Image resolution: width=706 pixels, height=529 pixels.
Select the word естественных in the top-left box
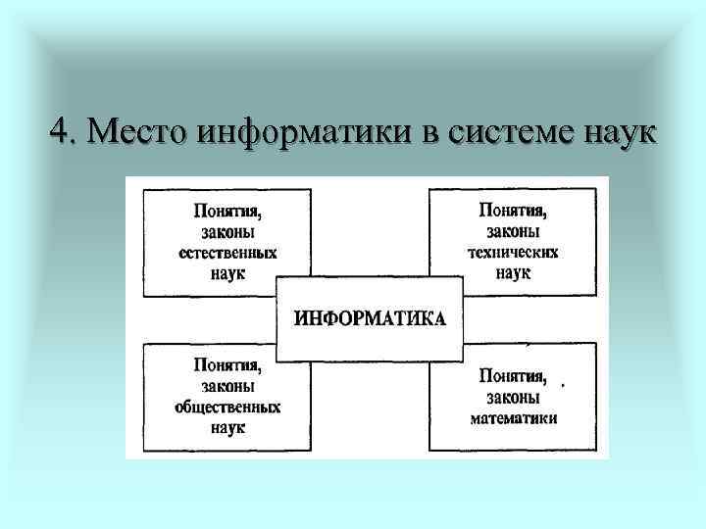point(228,253)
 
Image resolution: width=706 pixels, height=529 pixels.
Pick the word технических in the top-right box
point(513,252)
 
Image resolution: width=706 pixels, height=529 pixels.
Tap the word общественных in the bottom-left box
point(228,407)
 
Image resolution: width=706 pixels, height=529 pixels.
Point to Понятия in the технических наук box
point(513,210)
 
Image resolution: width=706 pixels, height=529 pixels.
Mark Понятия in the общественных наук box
point(228,364)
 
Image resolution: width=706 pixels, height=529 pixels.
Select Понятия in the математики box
point(513,375)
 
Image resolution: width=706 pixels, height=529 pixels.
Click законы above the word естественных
point(228,232)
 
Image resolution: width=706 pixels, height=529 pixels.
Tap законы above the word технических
point(513,231)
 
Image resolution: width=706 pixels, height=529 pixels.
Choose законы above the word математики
point(513,397)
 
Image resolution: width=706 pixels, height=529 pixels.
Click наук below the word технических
point(513,272)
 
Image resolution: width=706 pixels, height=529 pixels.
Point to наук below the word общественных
point(228,428)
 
